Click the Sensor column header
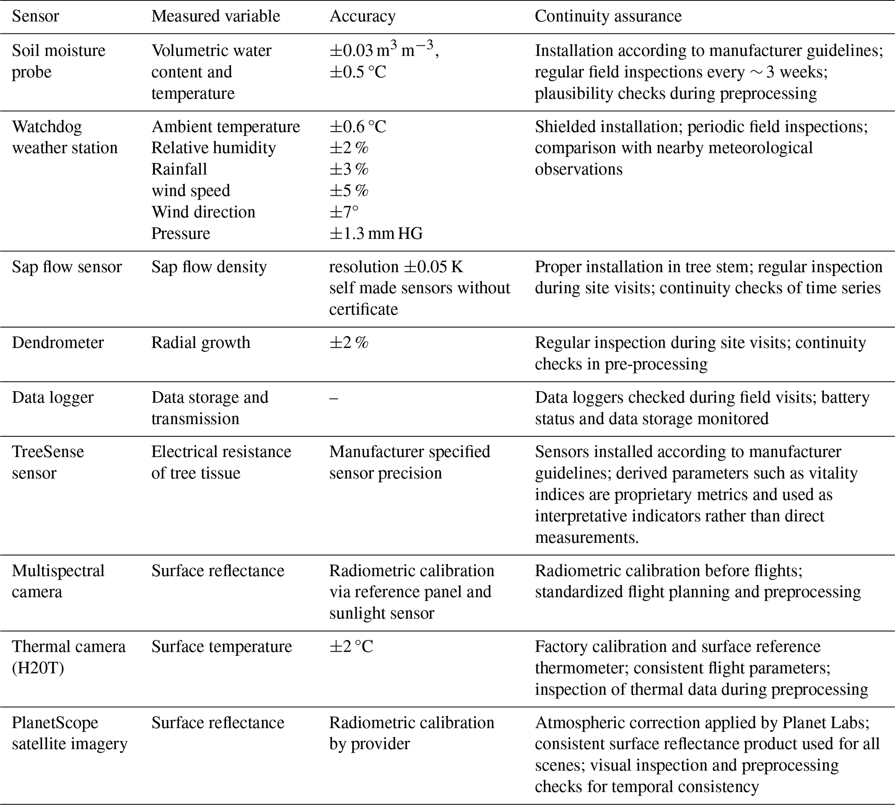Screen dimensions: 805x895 coord(36,16)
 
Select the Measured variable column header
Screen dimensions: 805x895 coord(216,16)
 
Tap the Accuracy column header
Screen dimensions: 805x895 coord(362,16)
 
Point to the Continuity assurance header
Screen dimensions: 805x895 coord(608,16)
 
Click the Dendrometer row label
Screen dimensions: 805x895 coord(58,343)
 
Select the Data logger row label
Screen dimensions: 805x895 coord(52,397)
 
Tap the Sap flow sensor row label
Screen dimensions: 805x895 coord(67,267)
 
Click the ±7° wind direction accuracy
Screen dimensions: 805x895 coord(344,212)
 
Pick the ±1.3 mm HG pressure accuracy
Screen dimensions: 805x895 coord(376,233)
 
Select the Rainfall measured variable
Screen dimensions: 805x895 coord(179,169)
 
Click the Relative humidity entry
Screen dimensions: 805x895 coord(213,148)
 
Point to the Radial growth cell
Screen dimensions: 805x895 coord(200,343)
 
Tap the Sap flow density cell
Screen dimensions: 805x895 coord(209,267)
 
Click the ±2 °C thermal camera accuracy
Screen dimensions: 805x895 coord(351,647)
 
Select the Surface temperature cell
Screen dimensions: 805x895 coord(221,647)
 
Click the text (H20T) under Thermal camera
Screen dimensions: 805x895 coord(38,668)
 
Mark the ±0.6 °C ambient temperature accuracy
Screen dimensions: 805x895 coord(358,127)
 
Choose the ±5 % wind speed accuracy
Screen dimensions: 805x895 coord(349,191)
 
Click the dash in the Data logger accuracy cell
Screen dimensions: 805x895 coord(334,398)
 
